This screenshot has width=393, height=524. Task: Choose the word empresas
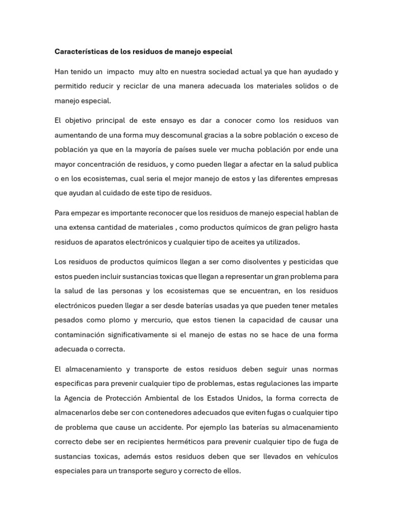pos(319,179)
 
